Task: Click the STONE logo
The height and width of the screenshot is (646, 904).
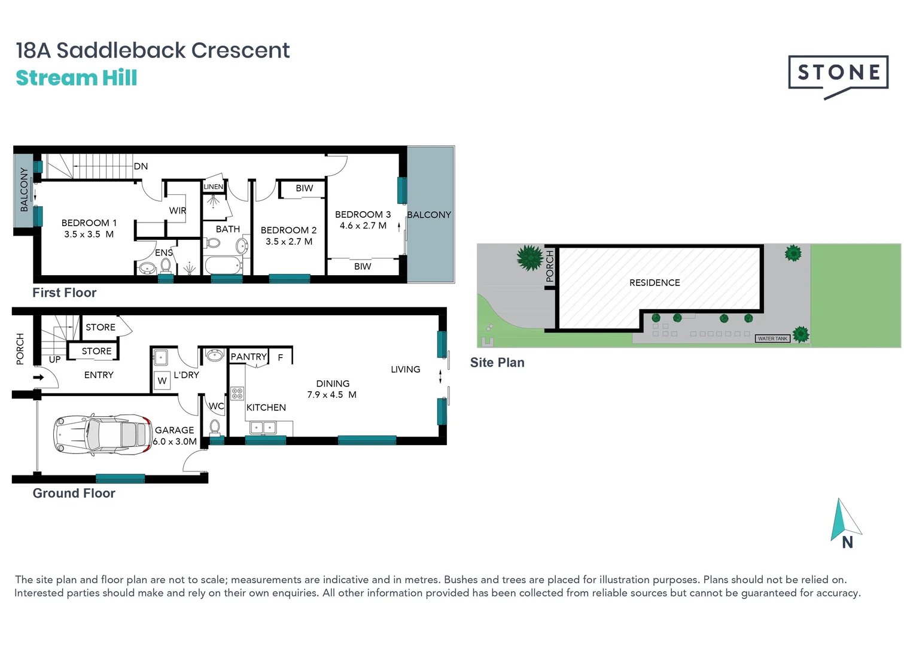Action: (838, 73)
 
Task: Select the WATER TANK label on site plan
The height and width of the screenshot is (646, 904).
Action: (772, 339)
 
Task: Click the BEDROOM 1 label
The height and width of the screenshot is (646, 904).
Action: (89, 223)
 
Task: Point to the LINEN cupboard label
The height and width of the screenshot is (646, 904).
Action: (214, 187)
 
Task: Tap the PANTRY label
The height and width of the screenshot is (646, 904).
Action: (248, 357)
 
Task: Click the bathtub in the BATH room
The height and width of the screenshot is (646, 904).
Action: (223, 264)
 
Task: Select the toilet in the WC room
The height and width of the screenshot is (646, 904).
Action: (215, 427)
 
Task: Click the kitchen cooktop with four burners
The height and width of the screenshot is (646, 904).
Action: (238, 393)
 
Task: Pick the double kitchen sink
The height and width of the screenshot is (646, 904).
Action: (263, 428)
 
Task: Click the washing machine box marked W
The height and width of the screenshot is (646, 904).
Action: (162, 381)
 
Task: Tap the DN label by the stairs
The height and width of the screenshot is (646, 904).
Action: (141, 166)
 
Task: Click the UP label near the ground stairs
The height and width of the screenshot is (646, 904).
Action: (54, 359)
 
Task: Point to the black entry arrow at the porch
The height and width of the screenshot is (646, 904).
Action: (39, 377)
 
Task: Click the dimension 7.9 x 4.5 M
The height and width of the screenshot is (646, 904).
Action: (331, 395)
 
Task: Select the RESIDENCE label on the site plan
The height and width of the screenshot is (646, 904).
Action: (655, 283)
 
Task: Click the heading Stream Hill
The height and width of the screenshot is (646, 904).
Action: (77, 78)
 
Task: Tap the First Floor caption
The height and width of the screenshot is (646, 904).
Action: (64, 293)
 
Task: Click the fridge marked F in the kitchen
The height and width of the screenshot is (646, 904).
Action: (281, 358)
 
